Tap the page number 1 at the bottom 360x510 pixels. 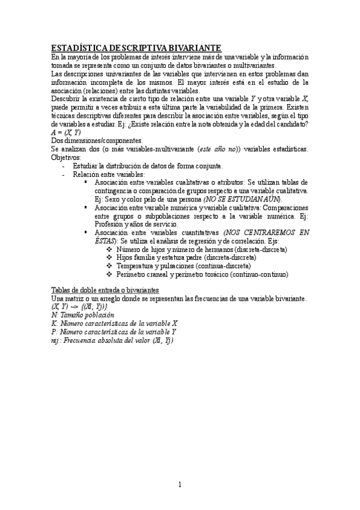pyautogui.click(x=180, y=485)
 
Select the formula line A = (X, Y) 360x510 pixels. pyautogui.click(x=66, y=132)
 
